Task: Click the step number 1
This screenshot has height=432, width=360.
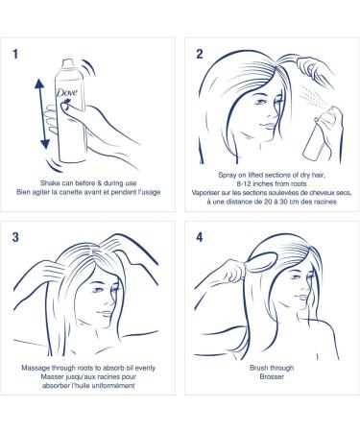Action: coord(15,54)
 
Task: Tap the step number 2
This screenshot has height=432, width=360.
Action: coord(200,54)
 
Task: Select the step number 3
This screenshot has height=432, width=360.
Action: coord(15,237)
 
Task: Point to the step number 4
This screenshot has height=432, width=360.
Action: coord(200,237)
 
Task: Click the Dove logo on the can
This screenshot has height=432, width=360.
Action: coord(66,92)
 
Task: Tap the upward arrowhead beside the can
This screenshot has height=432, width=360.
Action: coord(39,84)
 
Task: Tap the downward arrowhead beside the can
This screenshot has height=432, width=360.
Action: coord(45,144)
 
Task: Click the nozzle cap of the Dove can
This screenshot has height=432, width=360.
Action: coord(68,64)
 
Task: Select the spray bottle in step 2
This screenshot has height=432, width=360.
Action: coord(322,135)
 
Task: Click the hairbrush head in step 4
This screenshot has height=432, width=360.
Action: coord(264,262)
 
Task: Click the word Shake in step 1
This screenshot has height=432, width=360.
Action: coord(49,183)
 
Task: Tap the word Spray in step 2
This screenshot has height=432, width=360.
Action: coord(227,175)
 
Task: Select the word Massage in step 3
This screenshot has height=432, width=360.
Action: coord(36,368)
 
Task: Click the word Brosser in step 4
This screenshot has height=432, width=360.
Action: coord(272,376)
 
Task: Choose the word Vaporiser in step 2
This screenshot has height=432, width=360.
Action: coord(206,193)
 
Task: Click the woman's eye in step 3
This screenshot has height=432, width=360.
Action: coord(97,290)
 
